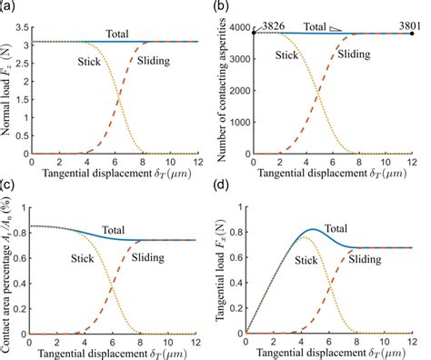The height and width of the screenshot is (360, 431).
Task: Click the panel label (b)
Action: [227, 8]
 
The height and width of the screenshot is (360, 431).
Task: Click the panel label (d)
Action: [227, 188]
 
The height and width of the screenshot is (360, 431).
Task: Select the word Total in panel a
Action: [116, 33]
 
